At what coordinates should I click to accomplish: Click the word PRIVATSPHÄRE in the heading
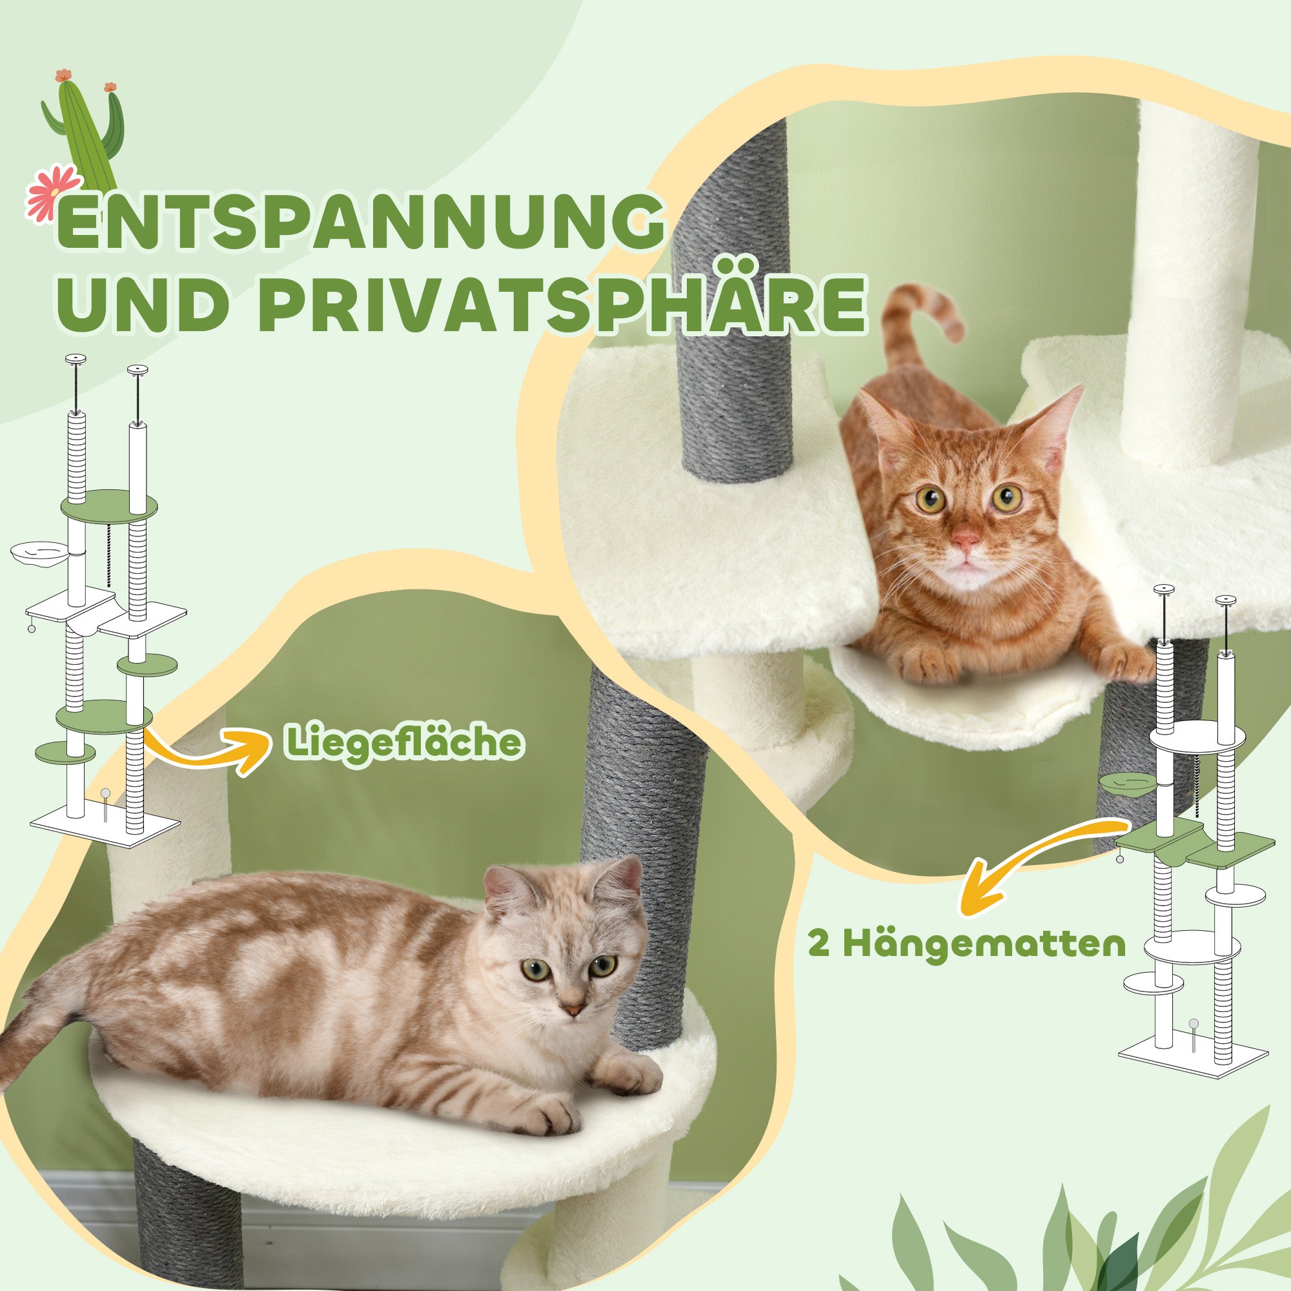point(567,306)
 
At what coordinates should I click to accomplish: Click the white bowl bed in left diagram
point(40,554)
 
